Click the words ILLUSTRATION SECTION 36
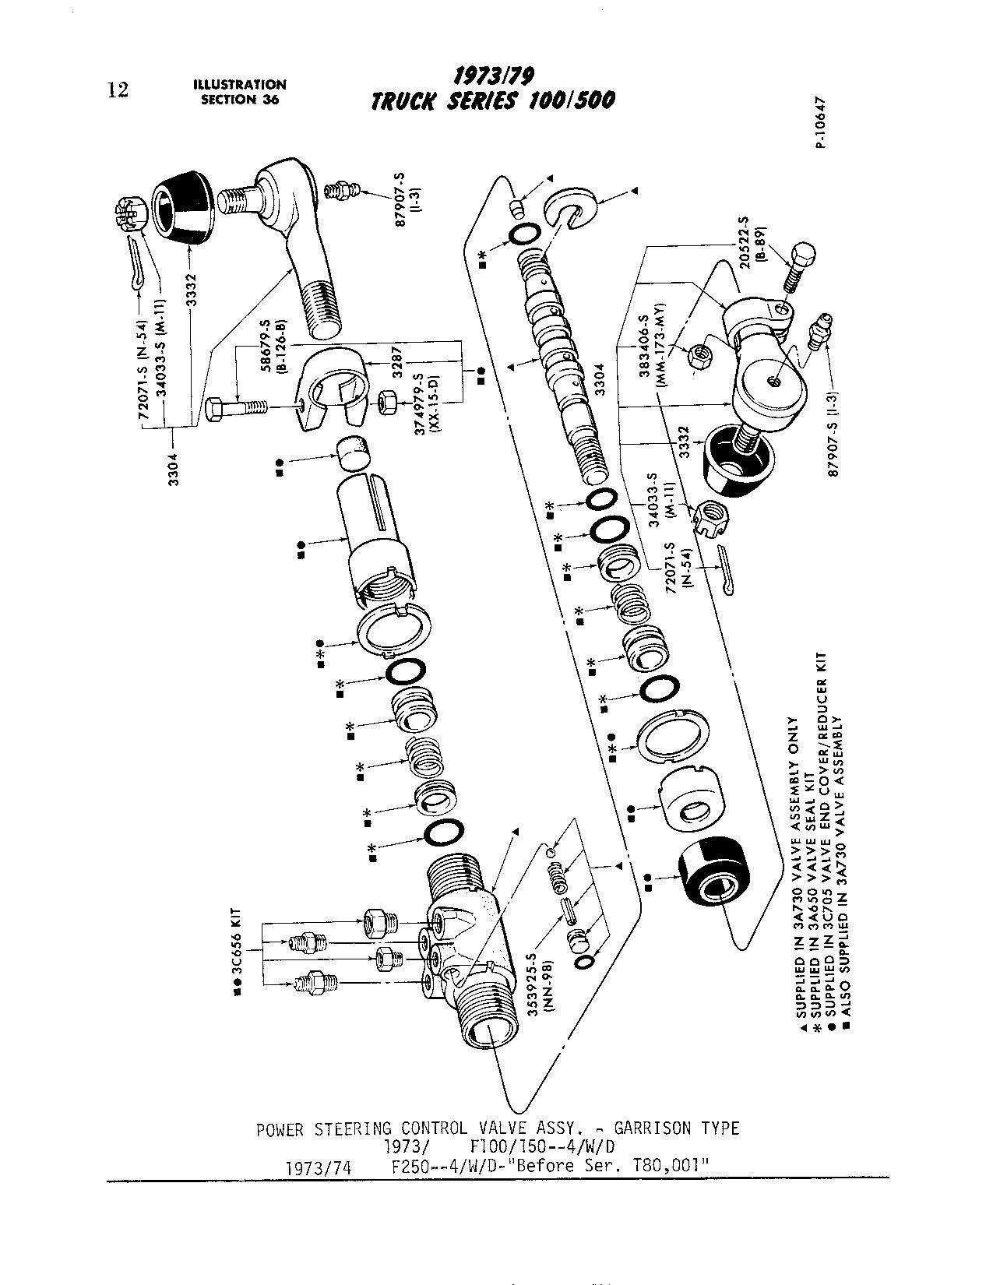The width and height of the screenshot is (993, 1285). tap(240, 92)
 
